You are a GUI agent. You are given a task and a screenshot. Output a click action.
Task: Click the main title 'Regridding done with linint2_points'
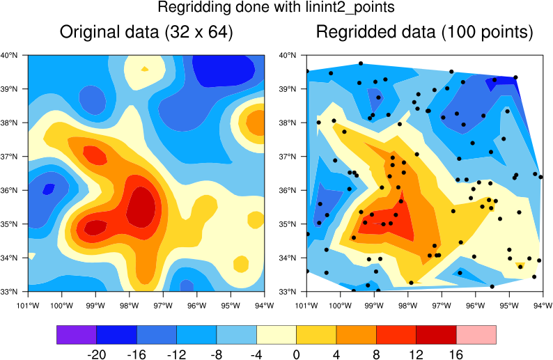276,8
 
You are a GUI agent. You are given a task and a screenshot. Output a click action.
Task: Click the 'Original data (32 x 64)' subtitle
146,32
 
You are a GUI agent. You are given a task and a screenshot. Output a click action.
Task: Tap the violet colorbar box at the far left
76,335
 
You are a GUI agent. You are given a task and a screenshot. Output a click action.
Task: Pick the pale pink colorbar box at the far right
476,335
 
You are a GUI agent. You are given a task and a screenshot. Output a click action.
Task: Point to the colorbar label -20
96,354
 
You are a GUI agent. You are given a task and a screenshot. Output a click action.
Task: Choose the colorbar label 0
297,354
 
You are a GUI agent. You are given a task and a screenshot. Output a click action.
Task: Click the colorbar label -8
217,354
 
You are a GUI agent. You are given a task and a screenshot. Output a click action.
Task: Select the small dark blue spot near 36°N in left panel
49,188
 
